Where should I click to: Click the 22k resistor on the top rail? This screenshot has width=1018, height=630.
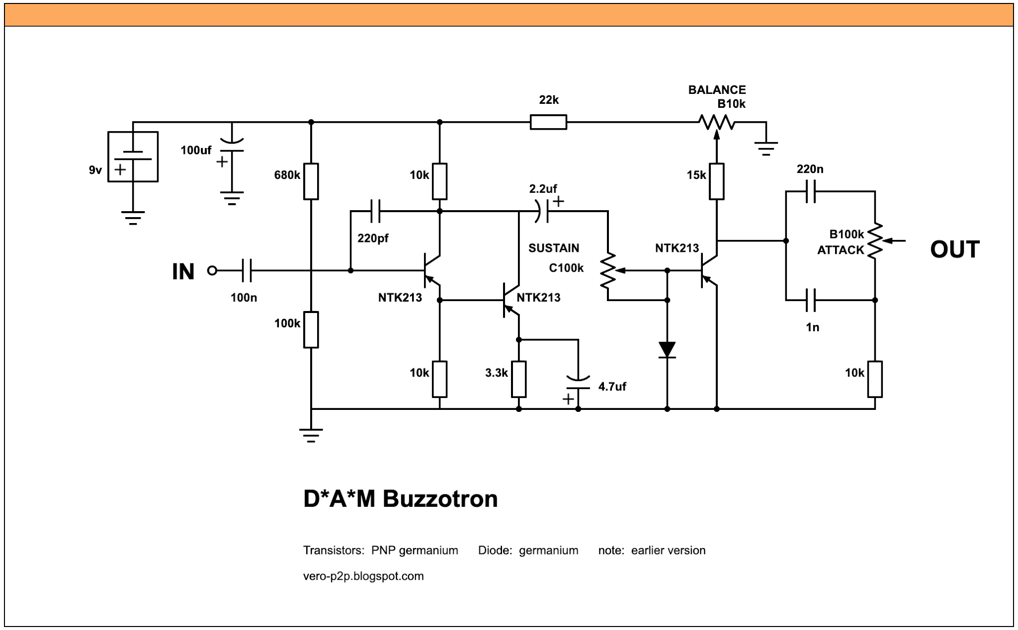548,122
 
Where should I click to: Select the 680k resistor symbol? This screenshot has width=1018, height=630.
311,181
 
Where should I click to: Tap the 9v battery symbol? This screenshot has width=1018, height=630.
133,157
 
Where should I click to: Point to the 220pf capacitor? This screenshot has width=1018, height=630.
375,211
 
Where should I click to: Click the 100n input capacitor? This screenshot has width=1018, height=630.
247,271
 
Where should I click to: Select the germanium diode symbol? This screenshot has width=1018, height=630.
667,349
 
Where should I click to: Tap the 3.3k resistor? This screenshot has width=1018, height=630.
518,379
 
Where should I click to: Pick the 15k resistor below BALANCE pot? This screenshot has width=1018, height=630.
716,181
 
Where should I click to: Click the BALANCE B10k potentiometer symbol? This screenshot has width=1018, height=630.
716,122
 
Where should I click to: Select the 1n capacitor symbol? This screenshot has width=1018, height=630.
811,300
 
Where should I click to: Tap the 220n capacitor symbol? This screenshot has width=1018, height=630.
811,191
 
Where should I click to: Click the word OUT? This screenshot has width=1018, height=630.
954,249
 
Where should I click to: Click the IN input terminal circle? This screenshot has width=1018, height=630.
212,271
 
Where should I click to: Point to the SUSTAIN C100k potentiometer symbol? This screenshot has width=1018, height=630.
608,271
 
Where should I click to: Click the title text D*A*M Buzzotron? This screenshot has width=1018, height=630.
400,498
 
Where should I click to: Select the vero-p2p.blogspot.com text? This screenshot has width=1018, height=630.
363,576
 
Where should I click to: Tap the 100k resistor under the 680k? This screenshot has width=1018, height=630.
311,329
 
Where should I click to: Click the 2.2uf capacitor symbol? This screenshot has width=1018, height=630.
543,211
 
